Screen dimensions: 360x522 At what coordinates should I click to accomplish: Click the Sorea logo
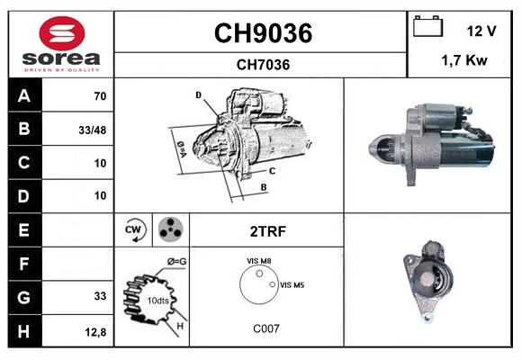tap(61, 45)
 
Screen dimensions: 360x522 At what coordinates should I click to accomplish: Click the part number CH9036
tap(262, 33)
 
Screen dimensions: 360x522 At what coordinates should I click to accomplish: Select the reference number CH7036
tap(262, 64)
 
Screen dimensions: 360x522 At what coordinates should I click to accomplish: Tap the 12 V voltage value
tap(481, 31)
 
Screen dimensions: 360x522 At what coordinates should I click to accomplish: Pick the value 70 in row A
tap(99, 95)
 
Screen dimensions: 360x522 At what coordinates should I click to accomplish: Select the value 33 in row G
tap(99, 296)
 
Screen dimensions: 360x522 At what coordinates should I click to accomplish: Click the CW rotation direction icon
tap(135, 230)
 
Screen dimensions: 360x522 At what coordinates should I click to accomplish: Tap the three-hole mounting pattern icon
tap(171, 230)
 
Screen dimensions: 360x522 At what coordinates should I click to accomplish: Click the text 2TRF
tap(266, 231)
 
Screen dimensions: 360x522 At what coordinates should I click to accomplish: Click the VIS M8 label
tap(259, 261)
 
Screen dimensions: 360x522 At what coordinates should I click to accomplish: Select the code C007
tap(265, 328)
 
